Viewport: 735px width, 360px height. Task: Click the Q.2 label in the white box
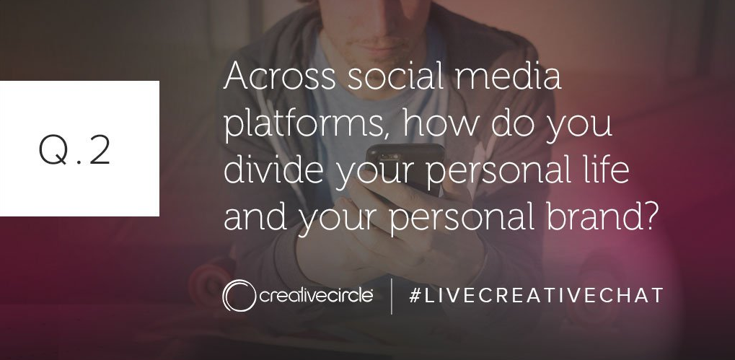pyautogui.click(x=74, y=149)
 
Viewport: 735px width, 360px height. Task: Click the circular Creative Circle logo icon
pyautogui.click(x=239, y=295)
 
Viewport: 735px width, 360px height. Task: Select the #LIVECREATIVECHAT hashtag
pyautogui.click(x=536, y=295)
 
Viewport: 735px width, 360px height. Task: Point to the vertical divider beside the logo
pyautogui.click(x=392, y=296)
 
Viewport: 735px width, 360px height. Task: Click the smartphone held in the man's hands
pyautogui.click(x=405, y=169)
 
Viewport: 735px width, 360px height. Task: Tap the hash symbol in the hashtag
pyautogui.click(x=414, y=295)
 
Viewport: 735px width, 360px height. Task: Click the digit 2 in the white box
pyautogui.click(x=100, y=149)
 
